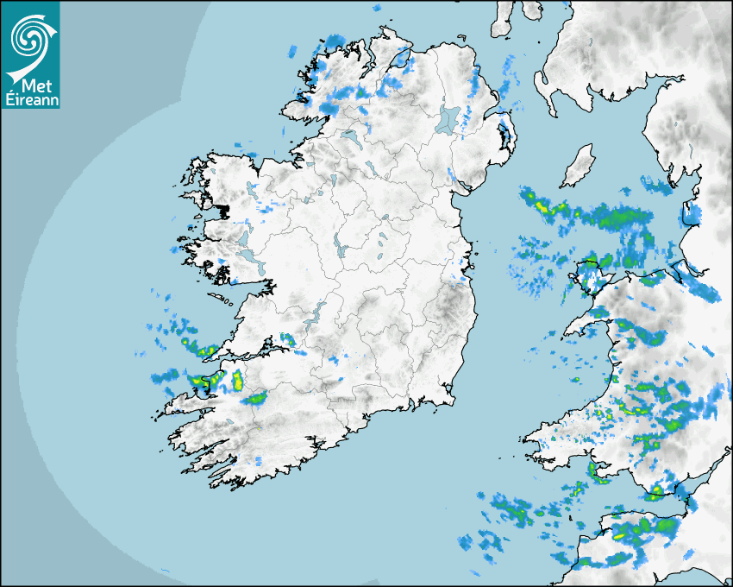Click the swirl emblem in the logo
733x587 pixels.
[30, 37]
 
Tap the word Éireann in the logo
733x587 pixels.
[30, 99]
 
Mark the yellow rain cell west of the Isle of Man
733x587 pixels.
[542, 206]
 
